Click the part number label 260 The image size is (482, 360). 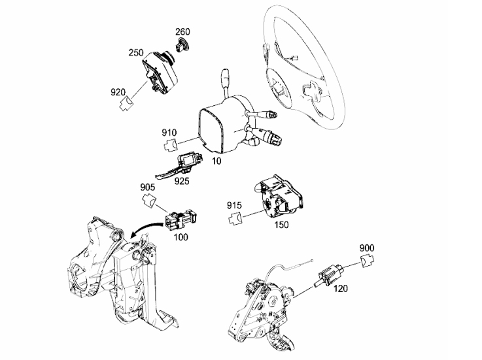(x=182, y=31)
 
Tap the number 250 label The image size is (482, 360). (x=136, y=52)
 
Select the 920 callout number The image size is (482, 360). (x=118, y=92)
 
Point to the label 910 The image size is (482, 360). (x=169, y=133)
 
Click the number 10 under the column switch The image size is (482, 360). (x=216, y=161)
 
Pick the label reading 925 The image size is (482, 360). (x=182, y=181)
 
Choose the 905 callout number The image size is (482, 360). (x=148, y=187)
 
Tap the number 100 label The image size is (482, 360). (x=181, y=237)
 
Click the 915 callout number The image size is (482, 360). (x=234, y=205)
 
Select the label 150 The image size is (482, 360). (x=282, y=225)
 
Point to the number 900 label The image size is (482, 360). (x=367, y=248)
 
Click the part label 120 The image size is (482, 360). (x=340, y=288)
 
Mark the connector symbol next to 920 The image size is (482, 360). (x=126, y=104)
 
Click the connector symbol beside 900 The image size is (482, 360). (x=367, y=261)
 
